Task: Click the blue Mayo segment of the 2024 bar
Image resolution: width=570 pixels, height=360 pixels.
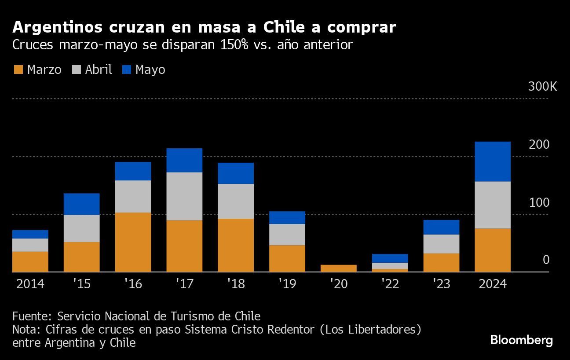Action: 493,162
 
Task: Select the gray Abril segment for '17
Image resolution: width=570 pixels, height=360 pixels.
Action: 184,196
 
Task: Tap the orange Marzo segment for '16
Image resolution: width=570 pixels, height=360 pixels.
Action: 133,242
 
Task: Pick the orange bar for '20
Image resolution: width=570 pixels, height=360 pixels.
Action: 338,268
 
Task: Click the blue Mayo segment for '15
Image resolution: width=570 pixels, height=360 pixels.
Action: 81,204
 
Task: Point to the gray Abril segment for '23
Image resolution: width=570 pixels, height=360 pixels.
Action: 441,244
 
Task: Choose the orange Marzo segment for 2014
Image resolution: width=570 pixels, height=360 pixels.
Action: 30,261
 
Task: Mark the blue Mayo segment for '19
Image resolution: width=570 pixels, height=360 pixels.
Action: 287,217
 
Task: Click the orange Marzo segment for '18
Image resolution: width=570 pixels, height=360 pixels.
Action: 235,245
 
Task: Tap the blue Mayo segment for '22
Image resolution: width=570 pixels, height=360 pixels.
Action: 390,258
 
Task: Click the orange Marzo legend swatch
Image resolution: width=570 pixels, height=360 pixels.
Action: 18,70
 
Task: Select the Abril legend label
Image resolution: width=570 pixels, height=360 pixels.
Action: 99,70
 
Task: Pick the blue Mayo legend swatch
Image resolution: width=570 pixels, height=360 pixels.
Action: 126,70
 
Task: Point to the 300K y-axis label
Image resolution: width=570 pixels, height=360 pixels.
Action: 542,86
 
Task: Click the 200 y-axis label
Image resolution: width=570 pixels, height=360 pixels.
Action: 539,144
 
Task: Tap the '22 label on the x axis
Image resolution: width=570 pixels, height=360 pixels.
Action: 390,284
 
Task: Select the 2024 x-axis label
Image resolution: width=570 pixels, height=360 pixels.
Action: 492,284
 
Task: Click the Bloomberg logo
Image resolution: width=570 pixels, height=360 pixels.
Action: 521,340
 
